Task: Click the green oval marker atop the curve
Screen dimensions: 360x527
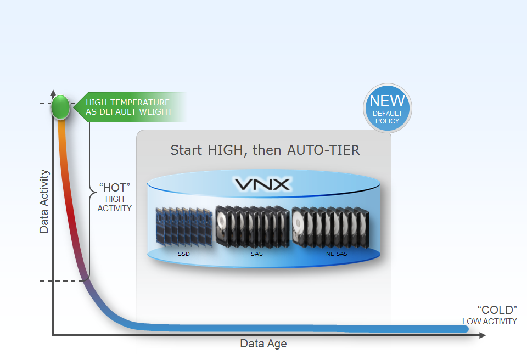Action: [x=60, y=107]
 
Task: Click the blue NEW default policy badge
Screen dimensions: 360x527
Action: [x=387, y=108]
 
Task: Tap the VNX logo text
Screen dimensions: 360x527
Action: [x=262, y=184]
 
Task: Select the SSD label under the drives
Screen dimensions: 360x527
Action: [x=183, y=254]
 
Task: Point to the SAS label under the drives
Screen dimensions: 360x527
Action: [x=256, y=254]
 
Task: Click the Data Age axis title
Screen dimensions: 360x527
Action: [x=263, y=344]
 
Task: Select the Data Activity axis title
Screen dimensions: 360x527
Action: [x=44, y=201]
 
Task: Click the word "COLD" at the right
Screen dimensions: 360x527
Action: [x=497, y=310]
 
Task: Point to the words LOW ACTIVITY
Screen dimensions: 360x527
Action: [x=489, y=322]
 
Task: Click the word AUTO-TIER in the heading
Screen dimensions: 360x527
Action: [x=323, y=150]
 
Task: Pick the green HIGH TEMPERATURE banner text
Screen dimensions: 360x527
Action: [x=128, y=107]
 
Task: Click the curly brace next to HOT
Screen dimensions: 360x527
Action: [x=89, y=192]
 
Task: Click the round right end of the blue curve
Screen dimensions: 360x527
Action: [x=464, y=329]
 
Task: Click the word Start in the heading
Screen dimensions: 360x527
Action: [x=186, y=150]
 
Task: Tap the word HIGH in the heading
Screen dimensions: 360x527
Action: [x=226, y=150]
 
